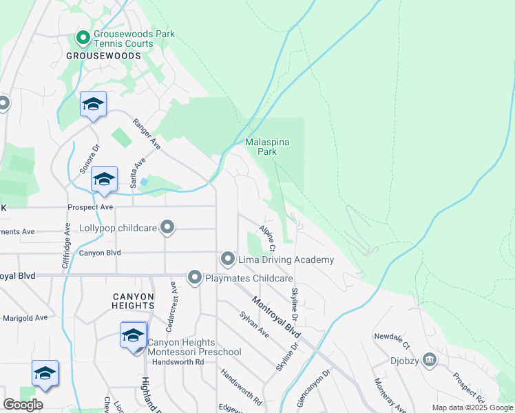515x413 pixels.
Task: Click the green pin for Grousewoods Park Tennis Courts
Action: click(83, 37)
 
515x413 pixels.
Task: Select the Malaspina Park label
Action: click(268, 147)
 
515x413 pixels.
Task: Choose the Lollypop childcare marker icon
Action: click(167, 226)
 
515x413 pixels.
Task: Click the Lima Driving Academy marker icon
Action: click(229, 259)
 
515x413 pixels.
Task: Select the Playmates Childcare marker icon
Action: click(195, 277)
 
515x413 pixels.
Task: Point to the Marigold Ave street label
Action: click(25, 318)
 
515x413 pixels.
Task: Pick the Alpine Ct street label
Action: click(267, 237)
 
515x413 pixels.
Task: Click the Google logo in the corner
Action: click(23, 405)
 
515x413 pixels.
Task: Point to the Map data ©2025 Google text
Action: click(472, 407)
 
